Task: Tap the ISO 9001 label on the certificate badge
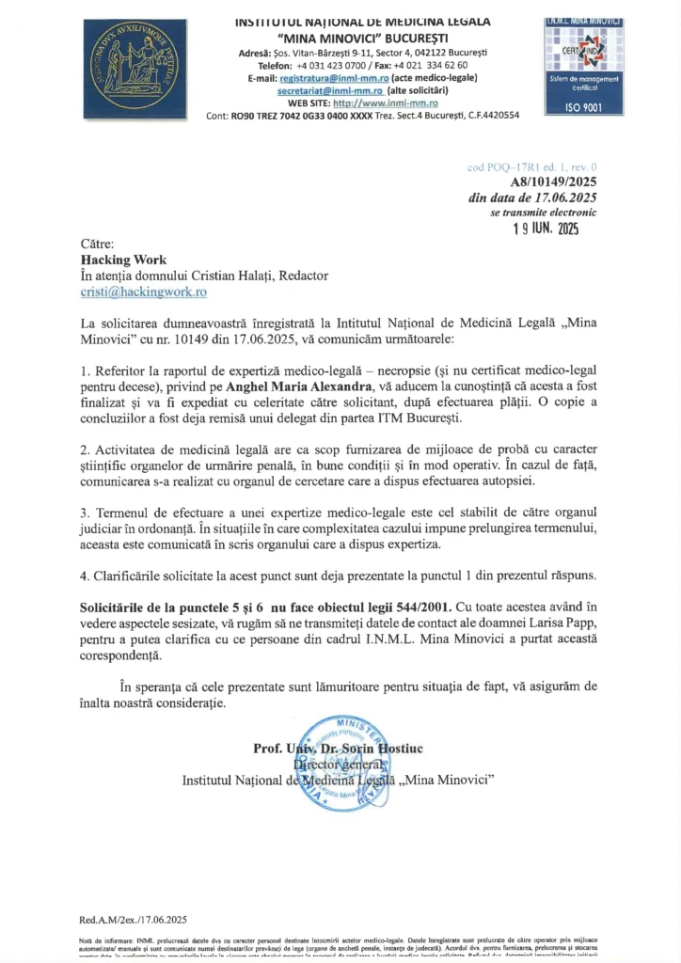point(579,107)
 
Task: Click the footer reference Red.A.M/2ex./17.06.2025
point(134,920)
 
